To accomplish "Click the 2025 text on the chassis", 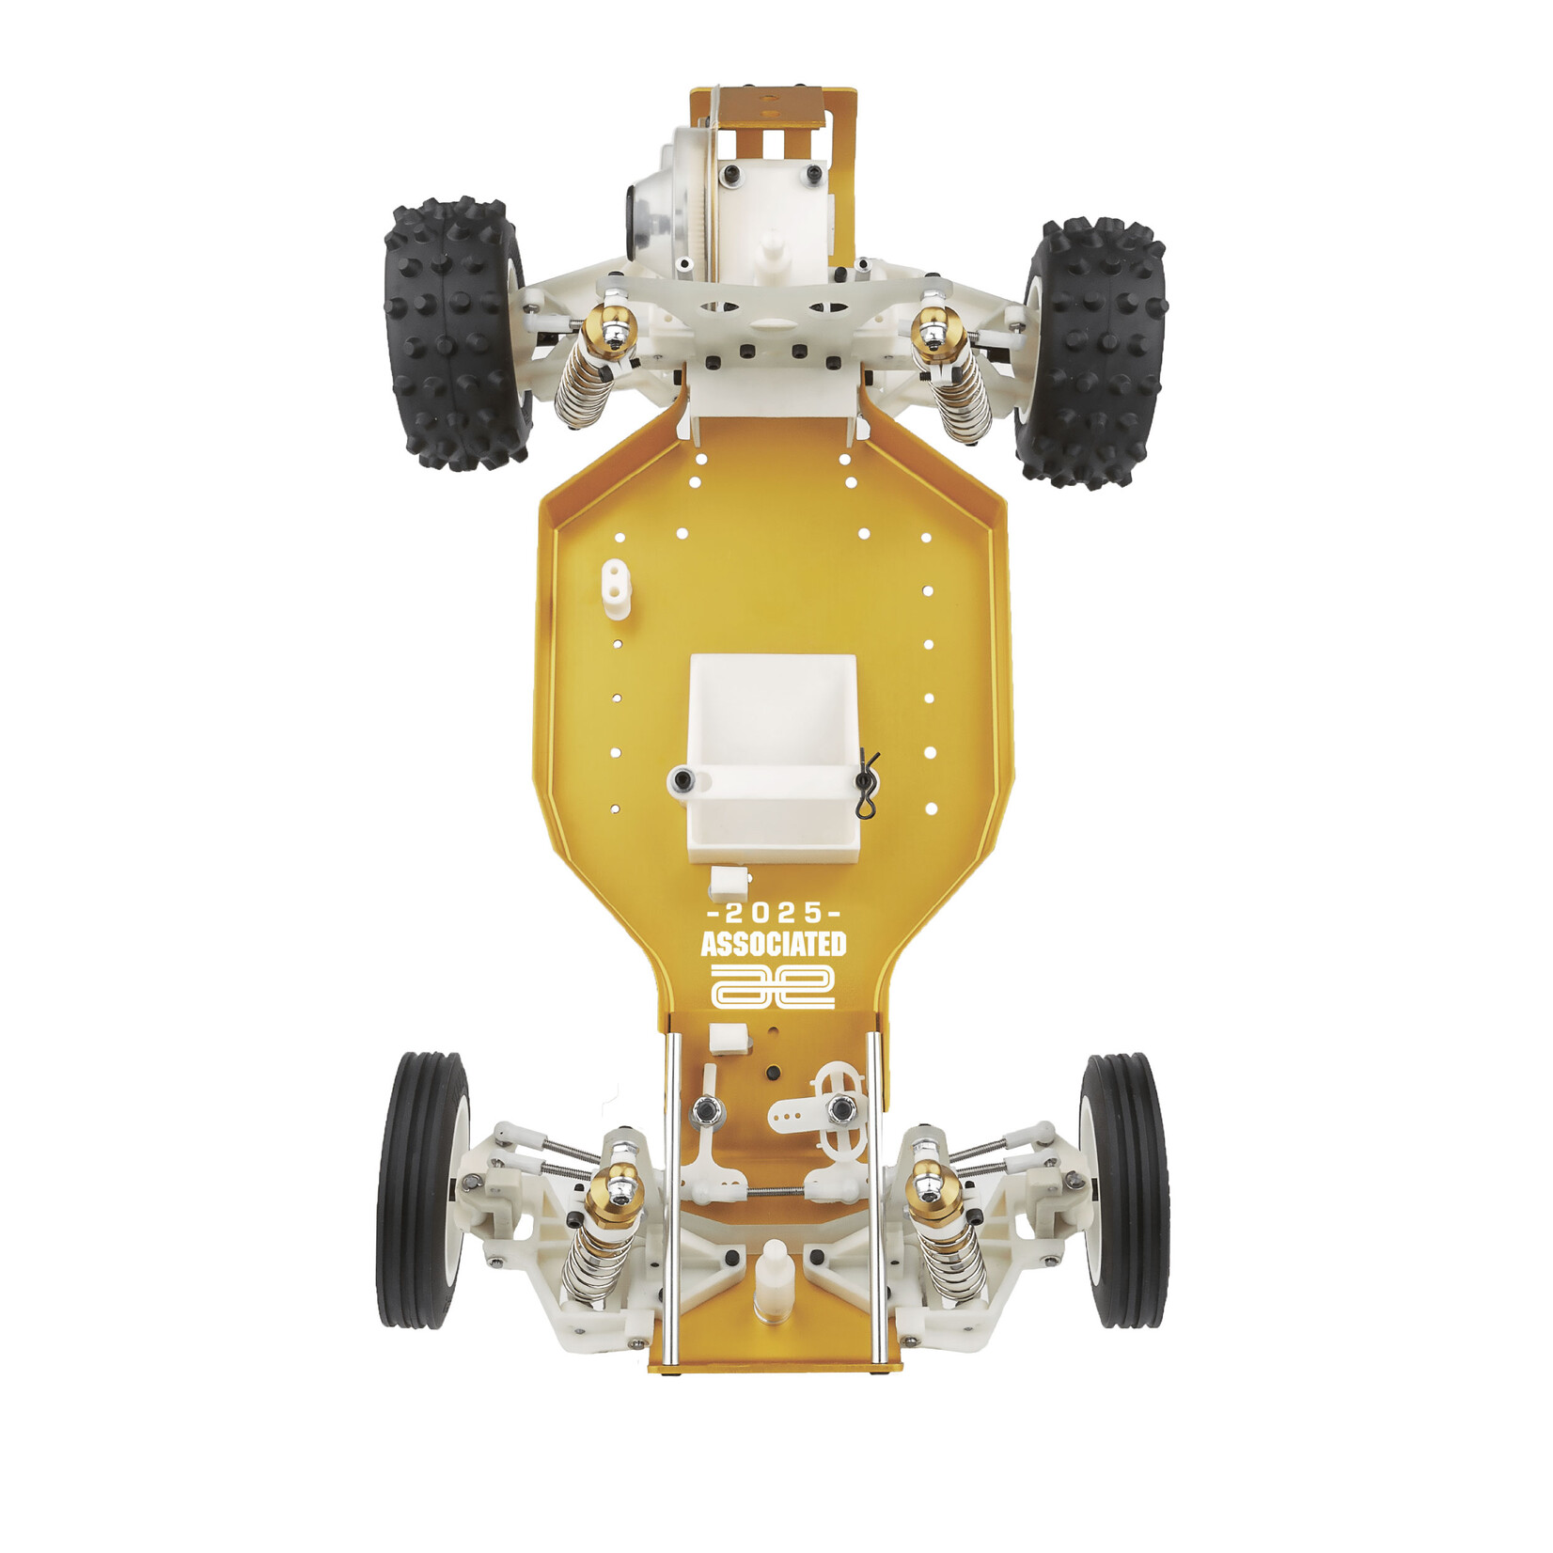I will pos(773,913).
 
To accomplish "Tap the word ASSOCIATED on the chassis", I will pos(773,944).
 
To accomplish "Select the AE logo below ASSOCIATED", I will pos(773,985).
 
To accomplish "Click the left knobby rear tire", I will pos(456,334).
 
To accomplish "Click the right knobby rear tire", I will pos(1092,353).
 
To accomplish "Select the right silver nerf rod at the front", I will pos(876,1194).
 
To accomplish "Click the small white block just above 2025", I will pos(729,882).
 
